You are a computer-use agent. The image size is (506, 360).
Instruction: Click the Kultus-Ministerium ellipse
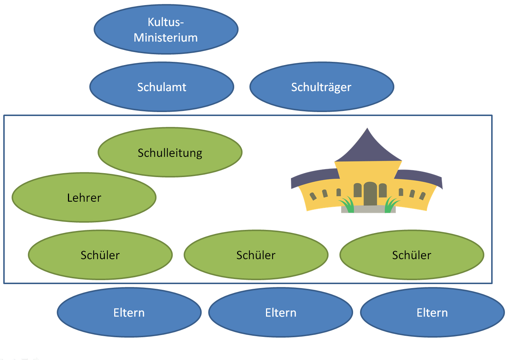pyautogui.click(x=166, y=30)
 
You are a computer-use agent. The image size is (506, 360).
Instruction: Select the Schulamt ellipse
pyautogui.click(x=162, y=87)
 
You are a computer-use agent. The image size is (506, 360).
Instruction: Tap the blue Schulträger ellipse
pyautogui.click(x=322, y=87)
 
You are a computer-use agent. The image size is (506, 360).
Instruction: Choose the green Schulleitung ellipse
pyautogui.click(x=170, y=152)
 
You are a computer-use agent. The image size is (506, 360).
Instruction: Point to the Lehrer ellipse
pyautogui.click(x=84, y=197)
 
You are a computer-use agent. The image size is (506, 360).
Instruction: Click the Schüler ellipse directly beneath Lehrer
pyautogui.click(x=100, y=255)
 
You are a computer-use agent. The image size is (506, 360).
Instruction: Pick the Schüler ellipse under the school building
pyautogui.click(x=412, y=255)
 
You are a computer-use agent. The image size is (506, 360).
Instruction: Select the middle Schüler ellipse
pyautogui.click(x=256, y=255)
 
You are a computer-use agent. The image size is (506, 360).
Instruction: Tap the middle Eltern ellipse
pyautogui.click(x=280, y=312)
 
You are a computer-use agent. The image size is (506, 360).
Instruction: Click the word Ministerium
pyautogui.click(x=166, y=38)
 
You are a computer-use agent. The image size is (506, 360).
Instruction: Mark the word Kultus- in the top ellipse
pyautogui.click(x=166, y=22)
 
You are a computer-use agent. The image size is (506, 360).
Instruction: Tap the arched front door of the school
pyautogui.click(x=370, y=194)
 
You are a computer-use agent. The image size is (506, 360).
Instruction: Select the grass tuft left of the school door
pyautogui.click(x=348, y=205)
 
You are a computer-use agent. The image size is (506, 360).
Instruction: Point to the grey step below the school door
pyautogui.click(x=369, y=209)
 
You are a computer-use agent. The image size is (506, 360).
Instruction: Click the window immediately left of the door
pyautogui.click(x=357, y=190)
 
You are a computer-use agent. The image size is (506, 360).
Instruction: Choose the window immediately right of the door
pyautogui.click(x=383, y=190)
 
